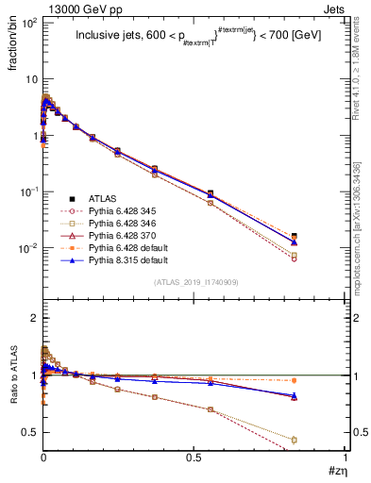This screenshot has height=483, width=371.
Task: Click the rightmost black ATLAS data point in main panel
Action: pos(295,236)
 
